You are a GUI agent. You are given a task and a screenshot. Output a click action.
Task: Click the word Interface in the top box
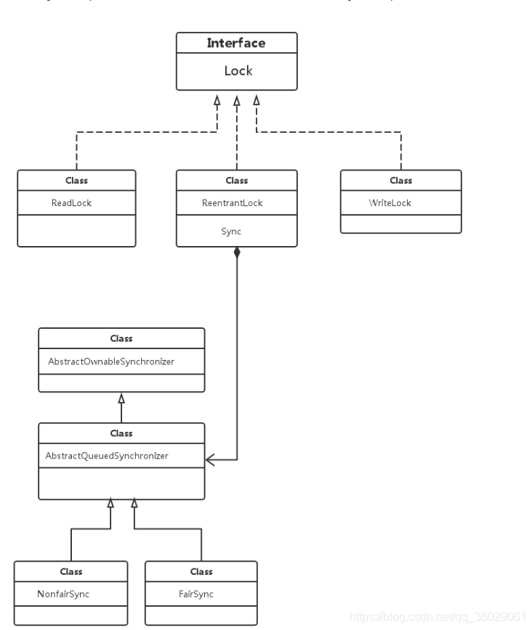[236, 43]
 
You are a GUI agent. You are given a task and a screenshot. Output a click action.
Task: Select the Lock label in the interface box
[237, 71]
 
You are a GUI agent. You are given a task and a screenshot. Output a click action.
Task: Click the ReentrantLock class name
[232, 202]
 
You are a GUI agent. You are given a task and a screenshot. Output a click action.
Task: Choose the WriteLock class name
[390, 202]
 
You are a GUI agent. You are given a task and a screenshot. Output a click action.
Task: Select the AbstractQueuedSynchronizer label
[107, 456]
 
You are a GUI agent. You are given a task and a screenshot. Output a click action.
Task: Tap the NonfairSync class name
[63, 594]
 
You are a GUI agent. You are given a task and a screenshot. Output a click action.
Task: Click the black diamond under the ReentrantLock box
[237, 253]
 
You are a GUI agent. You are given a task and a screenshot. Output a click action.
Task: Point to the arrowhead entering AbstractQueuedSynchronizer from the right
[211, 459]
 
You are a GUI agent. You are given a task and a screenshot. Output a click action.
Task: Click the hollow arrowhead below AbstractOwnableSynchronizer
[121, 398]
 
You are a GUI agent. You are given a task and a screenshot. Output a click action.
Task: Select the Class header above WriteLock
[400, 180]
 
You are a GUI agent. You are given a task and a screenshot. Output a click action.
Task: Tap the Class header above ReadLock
[76, 180]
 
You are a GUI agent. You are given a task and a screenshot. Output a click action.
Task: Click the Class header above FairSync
[201, 571]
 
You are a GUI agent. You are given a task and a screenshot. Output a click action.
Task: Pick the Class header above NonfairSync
[71, 571]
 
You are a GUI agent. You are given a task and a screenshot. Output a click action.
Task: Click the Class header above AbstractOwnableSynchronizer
[121, 338]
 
